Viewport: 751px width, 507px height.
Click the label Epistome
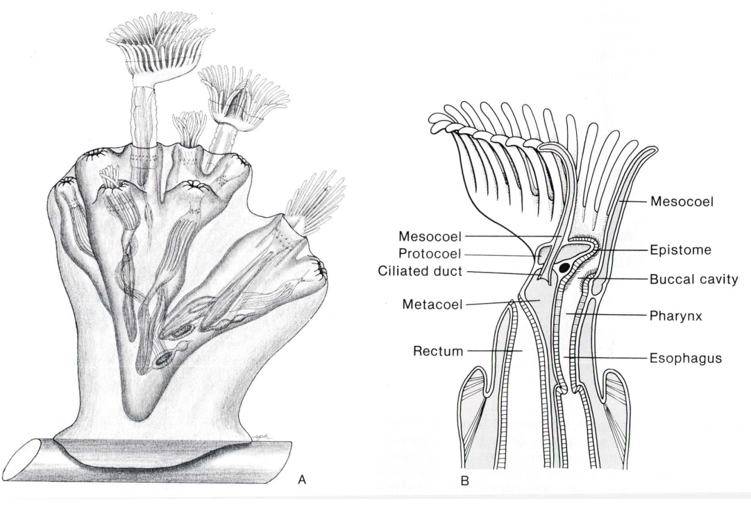680,250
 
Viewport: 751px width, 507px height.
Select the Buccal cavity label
694,279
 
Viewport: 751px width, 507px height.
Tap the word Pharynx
676,316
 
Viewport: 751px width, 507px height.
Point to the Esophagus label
685,358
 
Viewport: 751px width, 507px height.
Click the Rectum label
438,352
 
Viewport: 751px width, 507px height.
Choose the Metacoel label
432,304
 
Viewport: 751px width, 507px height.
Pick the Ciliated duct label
420,271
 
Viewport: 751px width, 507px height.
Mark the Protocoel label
430,253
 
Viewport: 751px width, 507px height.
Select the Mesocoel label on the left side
430,236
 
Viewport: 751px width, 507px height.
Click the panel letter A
302,479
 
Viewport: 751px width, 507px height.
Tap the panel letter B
464,481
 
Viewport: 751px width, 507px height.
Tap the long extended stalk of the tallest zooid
144,129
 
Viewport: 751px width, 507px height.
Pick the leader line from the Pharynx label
607,315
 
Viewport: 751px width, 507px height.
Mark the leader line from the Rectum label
495,351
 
